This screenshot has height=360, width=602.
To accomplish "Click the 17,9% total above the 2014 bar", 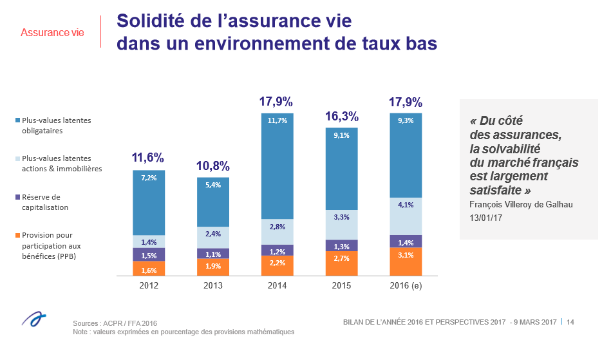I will coord(276,102).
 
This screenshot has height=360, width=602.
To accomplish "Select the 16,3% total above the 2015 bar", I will coord(341,117).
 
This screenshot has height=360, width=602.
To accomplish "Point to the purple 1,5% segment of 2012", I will coord(149,254).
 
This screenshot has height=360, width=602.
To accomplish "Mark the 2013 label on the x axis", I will coord(212,285).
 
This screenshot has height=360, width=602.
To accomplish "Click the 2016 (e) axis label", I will coord(406,285).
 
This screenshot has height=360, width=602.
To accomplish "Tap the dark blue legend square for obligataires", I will coord(17,120).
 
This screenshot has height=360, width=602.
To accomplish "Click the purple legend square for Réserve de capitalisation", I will coord(17,198).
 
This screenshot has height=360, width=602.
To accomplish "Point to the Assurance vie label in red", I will coord(52,32).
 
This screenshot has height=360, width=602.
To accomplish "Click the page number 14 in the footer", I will coord(570,322).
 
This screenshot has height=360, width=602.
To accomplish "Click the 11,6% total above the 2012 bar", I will coord(148,158).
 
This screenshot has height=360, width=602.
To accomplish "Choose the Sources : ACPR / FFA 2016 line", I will coord(115,323).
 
